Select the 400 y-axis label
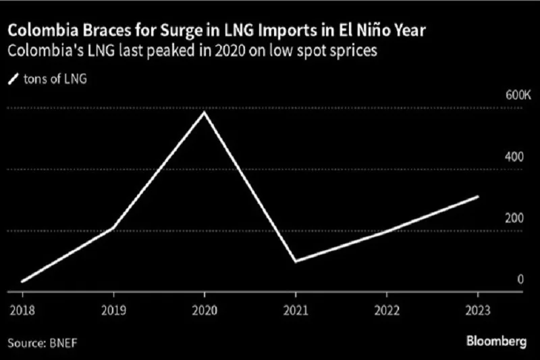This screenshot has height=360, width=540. point(515,157)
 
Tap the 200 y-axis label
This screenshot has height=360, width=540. point(515,218)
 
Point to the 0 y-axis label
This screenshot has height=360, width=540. point(520,279)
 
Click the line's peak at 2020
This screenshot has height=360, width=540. point(204,112)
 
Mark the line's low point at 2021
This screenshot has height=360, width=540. point(296,261)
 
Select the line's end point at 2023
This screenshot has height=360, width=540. point(478,197)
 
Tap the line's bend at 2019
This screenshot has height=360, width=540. point(113,228)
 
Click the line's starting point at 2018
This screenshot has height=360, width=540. point(22,281)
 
